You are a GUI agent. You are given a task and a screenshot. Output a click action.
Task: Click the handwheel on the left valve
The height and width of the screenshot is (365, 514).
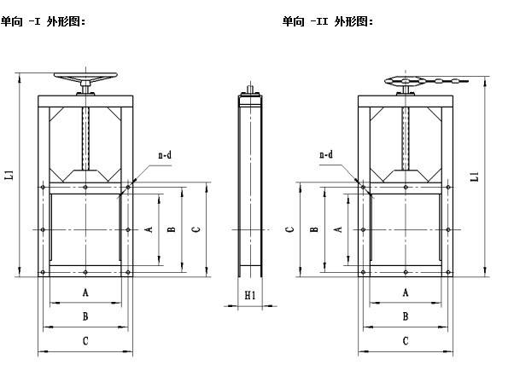point(85,77)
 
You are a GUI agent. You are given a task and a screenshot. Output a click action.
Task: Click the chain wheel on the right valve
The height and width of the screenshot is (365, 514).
point(406,80)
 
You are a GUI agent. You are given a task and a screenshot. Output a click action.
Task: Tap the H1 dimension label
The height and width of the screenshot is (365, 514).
point(250,296)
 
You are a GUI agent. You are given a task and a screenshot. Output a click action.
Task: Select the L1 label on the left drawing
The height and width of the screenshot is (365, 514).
point(10,175)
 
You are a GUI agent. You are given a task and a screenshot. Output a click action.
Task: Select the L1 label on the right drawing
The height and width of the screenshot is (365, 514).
point(475,177)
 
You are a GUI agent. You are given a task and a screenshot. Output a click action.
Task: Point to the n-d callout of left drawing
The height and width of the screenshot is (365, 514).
point(165,154)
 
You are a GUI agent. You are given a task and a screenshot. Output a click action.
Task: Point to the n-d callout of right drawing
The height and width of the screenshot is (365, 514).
point(326,154)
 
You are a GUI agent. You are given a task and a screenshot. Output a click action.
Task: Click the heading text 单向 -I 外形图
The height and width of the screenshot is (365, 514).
point(43,21)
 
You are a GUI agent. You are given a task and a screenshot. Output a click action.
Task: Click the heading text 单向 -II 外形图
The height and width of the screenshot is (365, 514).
point(328,21)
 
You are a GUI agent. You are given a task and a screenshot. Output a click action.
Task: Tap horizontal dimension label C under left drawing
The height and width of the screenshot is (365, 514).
point(85,341)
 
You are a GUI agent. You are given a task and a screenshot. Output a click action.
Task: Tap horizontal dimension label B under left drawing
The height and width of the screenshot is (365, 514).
point(85,316)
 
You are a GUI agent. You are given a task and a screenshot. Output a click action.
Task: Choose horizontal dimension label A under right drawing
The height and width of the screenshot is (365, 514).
point(406,293)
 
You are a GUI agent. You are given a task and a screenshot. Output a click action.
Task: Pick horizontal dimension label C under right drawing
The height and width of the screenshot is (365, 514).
point(406,341)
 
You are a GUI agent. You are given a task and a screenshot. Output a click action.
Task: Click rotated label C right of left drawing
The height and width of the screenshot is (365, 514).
point(196,229)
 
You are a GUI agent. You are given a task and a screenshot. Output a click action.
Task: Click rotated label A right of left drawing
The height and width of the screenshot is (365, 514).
point(149,229)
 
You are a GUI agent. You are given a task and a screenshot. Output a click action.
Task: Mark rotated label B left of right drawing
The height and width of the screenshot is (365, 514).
point(313,229)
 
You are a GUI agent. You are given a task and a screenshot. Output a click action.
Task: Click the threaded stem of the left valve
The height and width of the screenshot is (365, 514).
point(85,139)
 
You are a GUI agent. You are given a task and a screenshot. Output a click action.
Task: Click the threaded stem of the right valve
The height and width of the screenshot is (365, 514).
point(406,139)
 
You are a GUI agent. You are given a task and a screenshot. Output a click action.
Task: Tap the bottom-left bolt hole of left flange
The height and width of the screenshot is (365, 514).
point(43,272)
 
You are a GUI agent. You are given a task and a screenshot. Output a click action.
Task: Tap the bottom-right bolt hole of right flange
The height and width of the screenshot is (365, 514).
point(448,272)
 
